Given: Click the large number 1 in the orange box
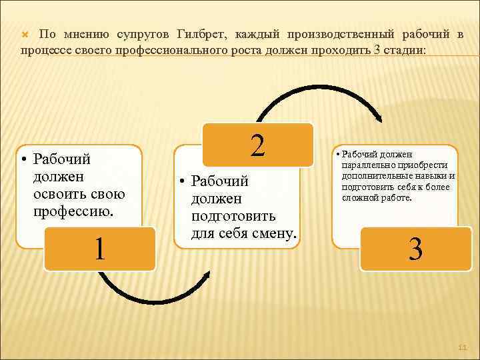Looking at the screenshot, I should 99,249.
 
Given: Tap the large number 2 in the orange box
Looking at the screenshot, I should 257,145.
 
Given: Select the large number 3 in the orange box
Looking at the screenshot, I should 415,250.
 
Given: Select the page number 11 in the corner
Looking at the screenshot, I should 462,347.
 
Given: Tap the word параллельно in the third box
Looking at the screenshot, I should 369,165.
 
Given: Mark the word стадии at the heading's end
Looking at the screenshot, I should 403,51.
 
